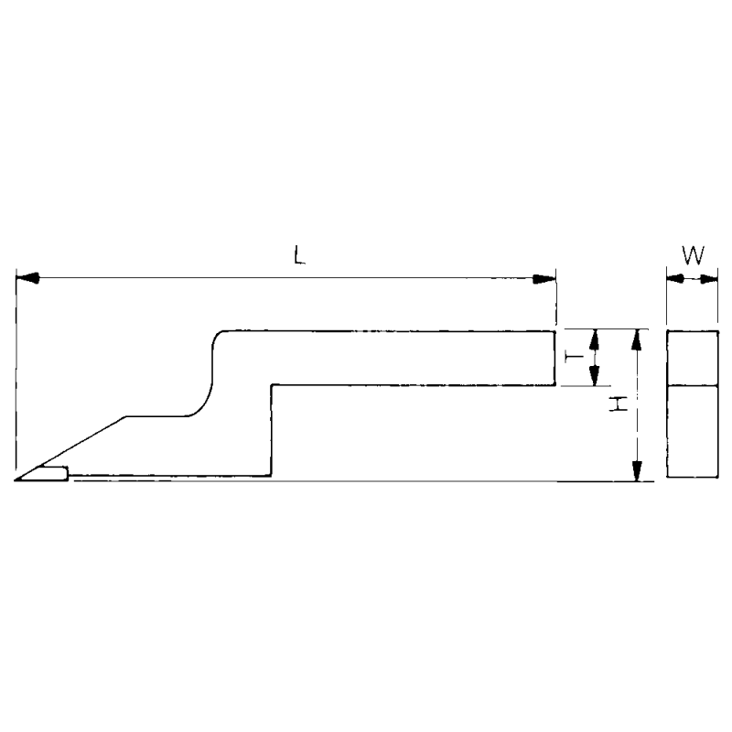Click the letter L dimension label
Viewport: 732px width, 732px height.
300,255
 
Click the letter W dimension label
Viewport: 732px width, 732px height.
693,255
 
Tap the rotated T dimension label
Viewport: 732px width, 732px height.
575,358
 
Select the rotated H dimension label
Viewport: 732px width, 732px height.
619,404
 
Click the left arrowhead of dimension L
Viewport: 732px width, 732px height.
27,279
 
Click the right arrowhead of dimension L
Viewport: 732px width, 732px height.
544,279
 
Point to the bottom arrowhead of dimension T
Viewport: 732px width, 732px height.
594,375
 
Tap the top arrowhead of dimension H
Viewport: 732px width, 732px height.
636,339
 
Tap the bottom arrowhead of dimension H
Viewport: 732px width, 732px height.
636,470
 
